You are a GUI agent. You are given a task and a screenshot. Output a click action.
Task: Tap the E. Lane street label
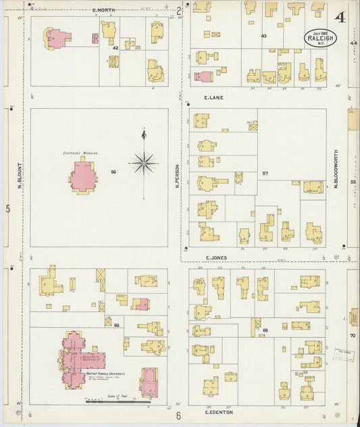214,97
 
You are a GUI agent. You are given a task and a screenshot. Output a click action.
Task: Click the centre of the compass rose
144,162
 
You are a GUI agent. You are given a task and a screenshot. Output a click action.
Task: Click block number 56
113,172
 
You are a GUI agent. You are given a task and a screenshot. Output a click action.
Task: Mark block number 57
265,174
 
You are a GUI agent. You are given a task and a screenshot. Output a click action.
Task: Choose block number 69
265,330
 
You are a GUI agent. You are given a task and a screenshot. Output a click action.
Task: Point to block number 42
115,48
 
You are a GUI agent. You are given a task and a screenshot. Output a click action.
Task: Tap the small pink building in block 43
203,76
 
